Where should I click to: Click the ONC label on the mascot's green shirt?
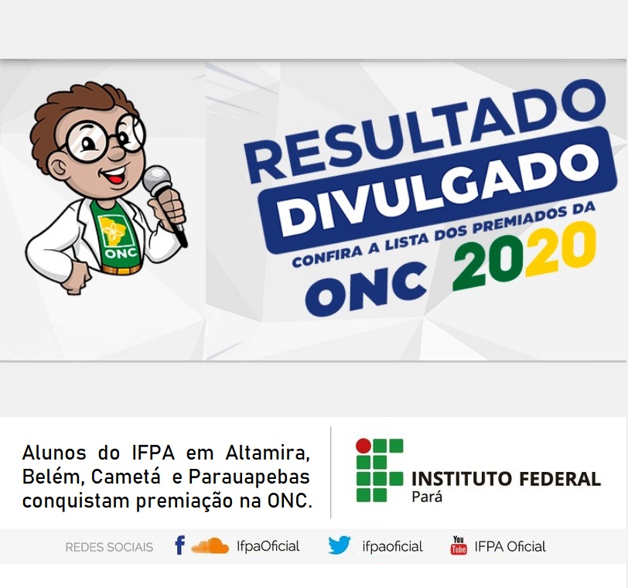pos(121,253)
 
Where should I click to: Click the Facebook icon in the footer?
pos(180,545)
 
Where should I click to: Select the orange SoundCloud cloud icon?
pos(210,546)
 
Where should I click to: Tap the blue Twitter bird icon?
pos(340,545)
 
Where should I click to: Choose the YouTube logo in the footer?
pos(459,545)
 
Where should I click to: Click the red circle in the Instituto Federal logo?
pos(363,446)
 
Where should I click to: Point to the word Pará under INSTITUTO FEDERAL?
pos(427,497)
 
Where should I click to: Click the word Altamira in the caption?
pos(268,453)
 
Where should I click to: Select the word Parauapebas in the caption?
pos(249,477)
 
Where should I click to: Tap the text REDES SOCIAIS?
pos(109,547)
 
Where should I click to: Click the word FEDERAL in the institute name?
pos(560,479)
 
